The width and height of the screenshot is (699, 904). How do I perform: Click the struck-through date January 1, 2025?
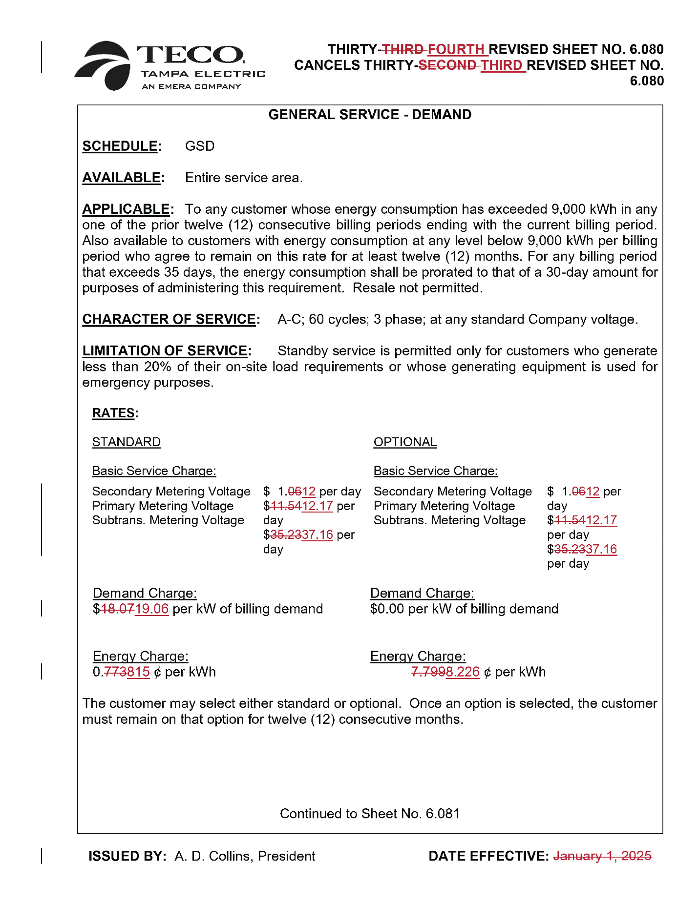tap(602, 856)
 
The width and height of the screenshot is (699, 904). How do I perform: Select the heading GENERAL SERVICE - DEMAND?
tap(370, 115)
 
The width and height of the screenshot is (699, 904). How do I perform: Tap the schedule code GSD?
tap(200, 146)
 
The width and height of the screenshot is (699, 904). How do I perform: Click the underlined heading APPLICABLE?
tap(126, 209)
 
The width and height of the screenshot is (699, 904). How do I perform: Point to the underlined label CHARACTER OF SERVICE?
tap(169, 319)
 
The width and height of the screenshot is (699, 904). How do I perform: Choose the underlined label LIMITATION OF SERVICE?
tap(165, 350)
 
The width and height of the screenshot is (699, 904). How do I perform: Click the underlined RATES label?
tap(113, 413)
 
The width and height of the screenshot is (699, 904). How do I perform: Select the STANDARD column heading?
tap(126, 442)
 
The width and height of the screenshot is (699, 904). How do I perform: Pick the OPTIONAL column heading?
tap(405, 442)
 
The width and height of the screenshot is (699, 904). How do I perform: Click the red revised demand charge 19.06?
tap(152, 609)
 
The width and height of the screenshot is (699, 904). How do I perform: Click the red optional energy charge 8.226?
tap(463, 672)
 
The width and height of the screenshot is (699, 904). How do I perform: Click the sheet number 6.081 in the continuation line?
tap(443, 813)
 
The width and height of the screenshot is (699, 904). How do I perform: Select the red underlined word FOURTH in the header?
tap(456, 49)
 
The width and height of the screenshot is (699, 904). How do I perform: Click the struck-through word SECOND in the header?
tap(447, 65)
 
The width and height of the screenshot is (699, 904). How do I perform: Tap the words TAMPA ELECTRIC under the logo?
tap(203, 74)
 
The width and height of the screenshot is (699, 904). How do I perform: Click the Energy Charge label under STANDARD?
tap(140, 656)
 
